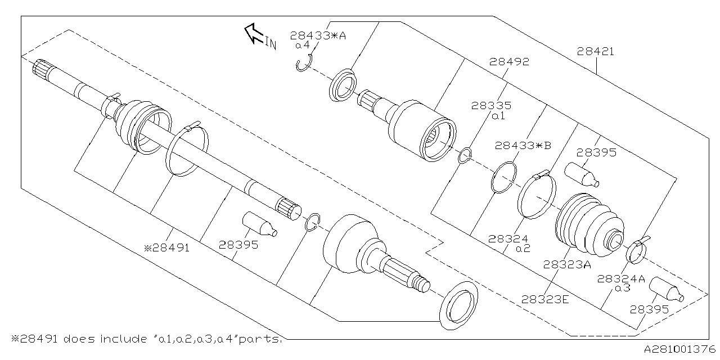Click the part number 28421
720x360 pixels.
coord(595,52)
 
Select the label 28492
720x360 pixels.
coord(509,62)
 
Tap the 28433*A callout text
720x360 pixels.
coord(318,35)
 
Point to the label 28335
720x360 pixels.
coord(491,106)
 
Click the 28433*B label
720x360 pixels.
coord(523,145)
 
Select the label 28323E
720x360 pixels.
coord(545,299)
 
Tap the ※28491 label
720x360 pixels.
coord(166,246)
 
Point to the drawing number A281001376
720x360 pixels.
coord(679,349)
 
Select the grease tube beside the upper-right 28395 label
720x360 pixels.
coord(582,173)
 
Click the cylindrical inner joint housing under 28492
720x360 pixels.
coord(422,130)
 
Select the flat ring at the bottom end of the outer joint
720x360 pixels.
coord(458,304)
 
